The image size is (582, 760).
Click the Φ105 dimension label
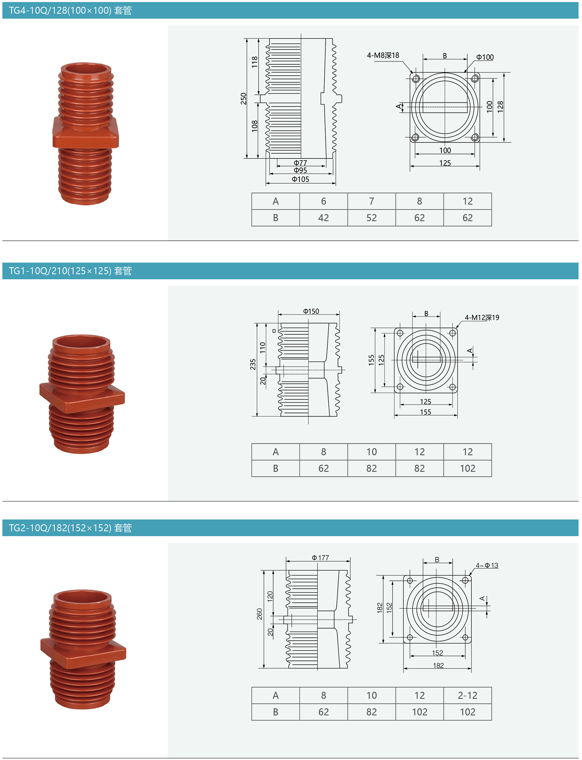coord(300,179)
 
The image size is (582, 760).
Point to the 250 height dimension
coord(243,99)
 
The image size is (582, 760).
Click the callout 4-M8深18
coord(383,55)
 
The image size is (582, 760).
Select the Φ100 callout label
coord(485,57)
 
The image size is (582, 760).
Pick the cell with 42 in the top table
coord(324,218)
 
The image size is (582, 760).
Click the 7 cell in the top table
coord(372,201)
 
